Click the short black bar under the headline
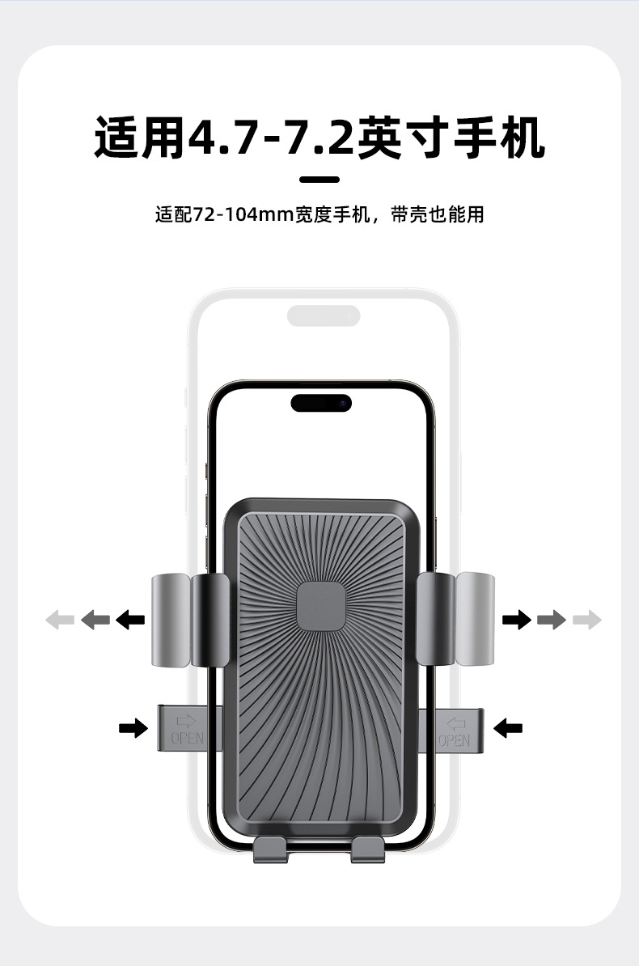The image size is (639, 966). [x=319, y=180]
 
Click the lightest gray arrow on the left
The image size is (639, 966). [x=60, y=621]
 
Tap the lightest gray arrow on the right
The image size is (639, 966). [x=586, y=621]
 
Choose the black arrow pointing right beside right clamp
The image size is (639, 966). [x=517, y=621]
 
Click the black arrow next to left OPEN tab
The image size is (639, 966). [x=133, y=728]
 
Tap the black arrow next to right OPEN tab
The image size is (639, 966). [x=508, y=728]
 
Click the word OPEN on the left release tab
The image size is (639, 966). [x=187, y=739]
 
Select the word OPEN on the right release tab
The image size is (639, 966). [x=454, y=739]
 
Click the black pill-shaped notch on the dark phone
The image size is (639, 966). [x=321, y=402]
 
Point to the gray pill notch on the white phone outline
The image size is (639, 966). [x=324, y=316]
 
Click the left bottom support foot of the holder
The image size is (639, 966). [x=270, y=849]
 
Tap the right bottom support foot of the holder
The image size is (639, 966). [x=370, y=849]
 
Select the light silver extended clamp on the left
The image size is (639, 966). [x=169, y=619]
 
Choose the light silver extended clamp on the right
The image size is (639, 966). [x=475, y=619]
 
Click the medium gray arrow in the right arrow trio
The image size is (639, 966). [x=552, y=621]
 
